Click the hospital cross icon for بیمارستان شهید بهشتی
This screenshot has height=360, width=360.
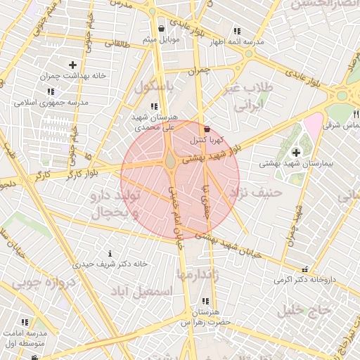295,152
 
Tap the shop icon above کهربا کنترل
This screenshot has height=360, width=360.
206,129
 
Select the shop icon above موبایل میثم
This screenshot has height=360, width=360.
162,29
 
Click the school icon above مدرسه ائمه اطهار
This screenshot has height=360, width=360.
236,32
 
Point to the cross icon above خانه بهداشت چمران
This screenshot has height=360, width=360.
72,65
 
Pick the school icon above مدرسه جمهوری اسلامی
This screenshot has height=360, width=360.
51,91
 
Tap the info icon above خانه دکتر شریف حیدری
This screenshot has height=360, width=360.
110,253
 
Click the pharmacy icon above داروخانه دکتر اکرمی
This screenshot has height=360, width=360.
304,269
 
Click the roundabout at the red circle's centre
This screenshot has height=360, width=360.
171,162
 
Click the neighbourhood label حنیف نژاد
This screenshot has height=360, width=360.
259,191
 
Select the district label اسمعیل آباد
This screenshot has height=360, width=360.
146,290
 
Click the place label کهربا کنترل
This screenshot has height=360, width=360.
202,140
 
